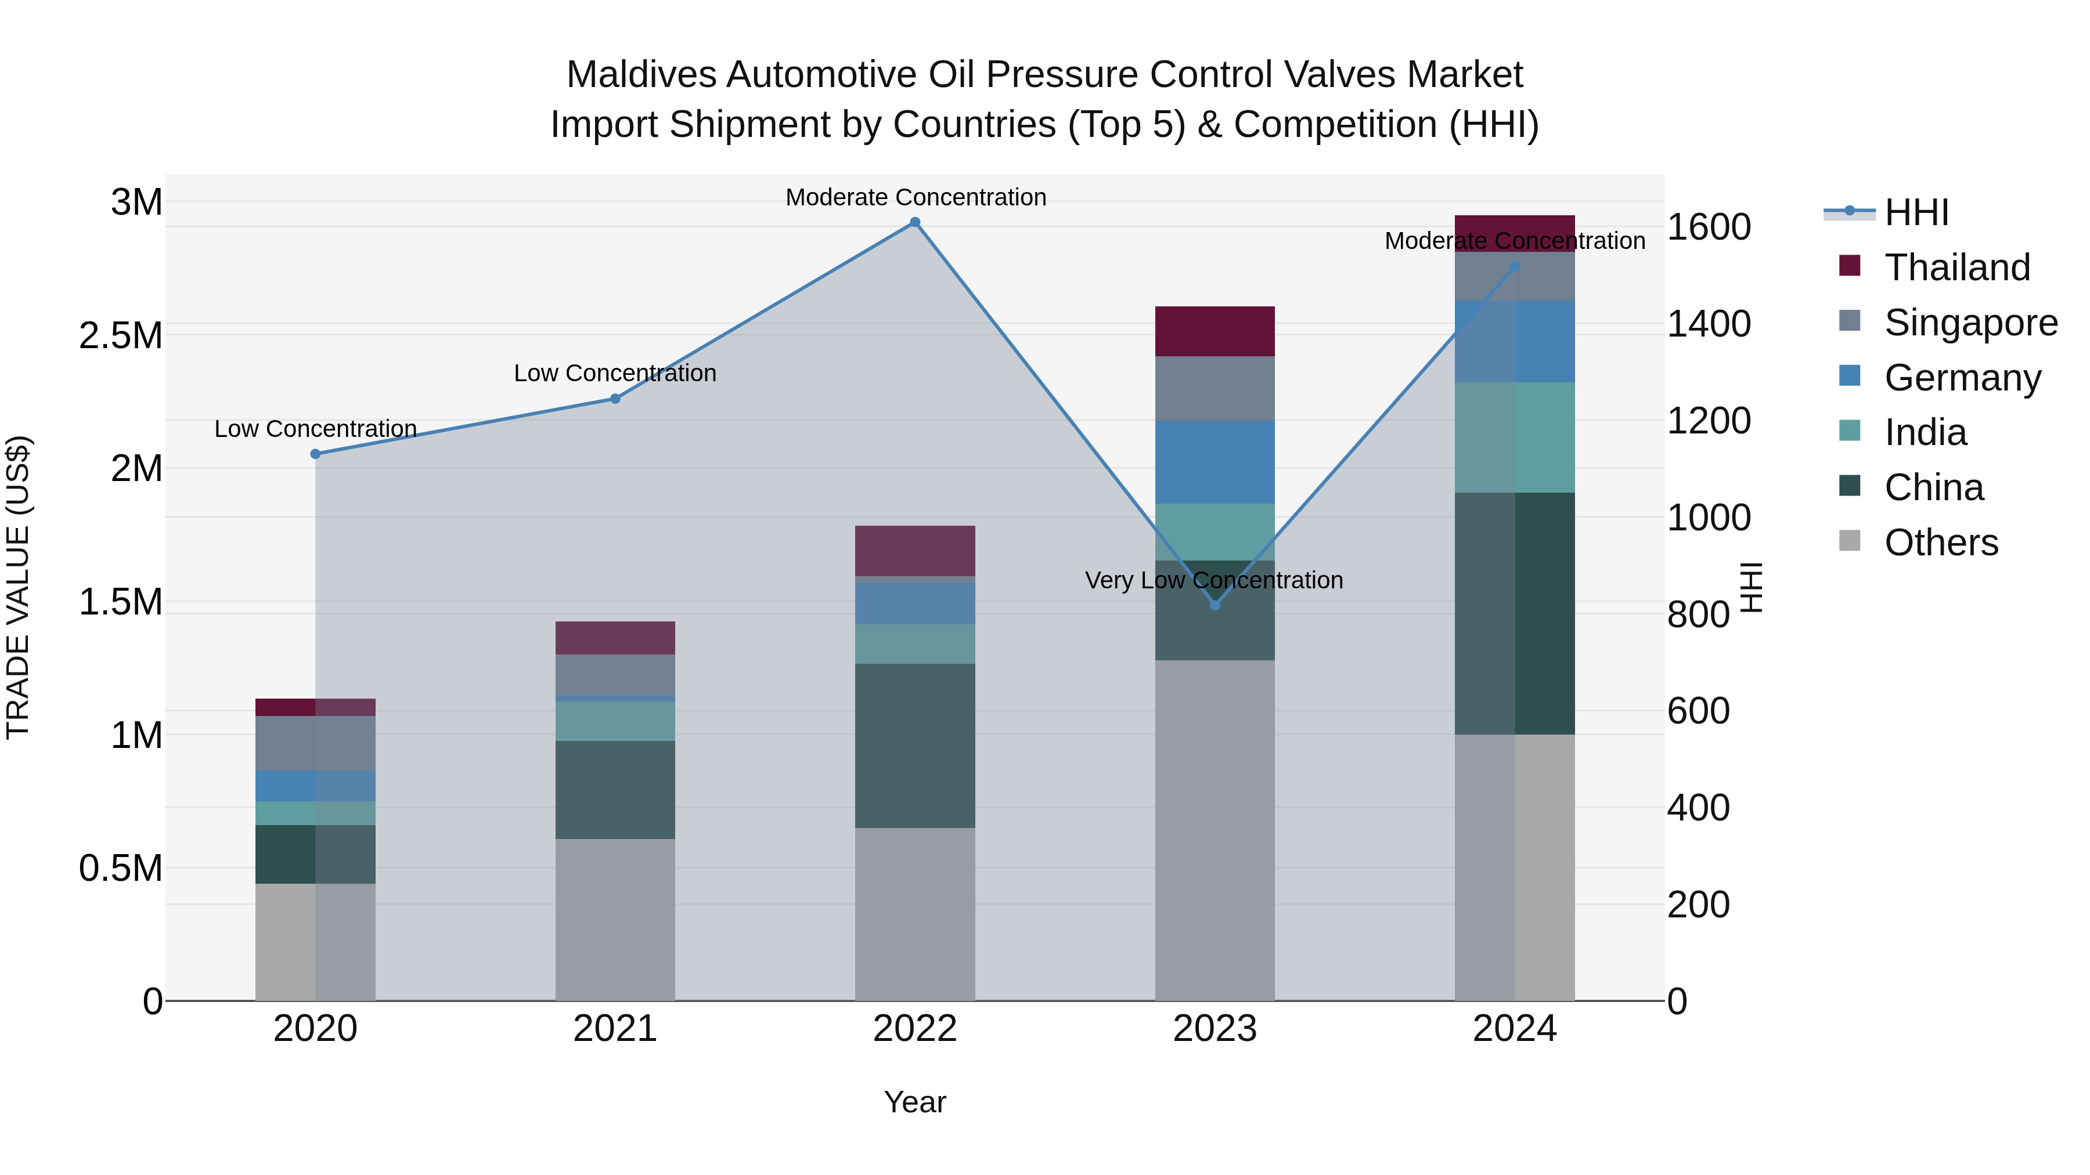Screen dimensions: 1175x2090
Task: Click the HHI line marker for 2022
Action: click(x=914, y=222)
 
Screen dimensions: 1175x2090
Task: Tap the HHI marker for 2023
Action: click(x=1215, y=605)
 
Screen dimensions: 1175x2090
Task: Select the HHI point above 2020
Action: click(x=316, y=454)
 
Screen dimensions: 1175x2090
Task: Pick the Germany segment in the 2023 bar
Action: click(x=1215, y=462)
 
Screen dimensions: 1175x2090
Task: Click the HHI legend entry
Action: click(x=1916, y=212)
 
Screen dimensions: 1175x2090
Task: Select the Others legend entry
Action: click(x=1941, y=543)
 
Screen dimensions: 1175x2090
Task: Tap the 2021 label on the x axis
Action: click(x=615, y=1029)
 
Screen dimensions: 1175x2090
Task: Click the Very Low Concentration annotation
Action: click(x=1214, y=581)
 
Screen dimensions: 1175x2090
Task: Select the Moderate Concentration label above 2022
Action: click(x=915, y=197)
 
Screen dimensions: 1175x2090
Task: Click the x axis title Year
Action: click(x=914, y=1102)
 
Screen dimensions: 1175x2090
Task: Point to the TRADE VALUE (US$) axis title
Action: click(x=18, y=587)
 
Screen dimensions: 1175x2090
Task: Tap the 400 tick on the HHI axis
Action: click(x=1698, y=808)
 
